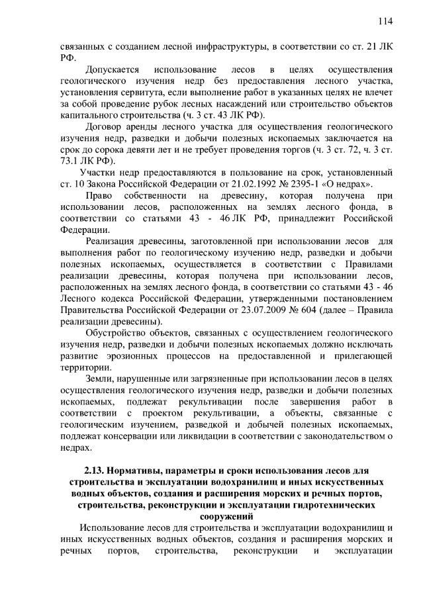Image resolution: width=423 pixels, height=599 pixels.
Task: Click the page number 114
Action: [385, 21]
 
